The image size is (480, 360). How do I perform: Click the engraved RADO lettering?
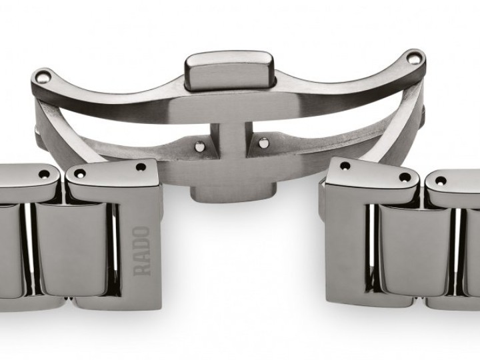pyautogui.click(x=143, y=251)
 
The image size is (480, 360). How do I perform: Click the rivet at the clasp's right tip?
pyautogui.click(x=415, y=60)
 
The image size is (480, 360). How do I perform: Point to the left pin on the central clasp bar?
pyautogui.click(x=198, y=145)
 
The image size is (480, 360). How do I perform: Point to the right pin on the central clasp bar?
pyautogui.click(x=264, y=142)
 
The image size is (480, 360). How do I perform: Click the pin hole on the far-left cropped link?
pyautogui.click(x=44, y=175)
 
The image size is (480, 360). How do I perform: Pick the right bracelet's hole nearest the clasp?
pyautogui.click(x=345, y=166)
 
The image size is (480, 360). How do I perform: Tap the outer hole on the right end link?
pyautogui.click(x=404, y=178)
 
